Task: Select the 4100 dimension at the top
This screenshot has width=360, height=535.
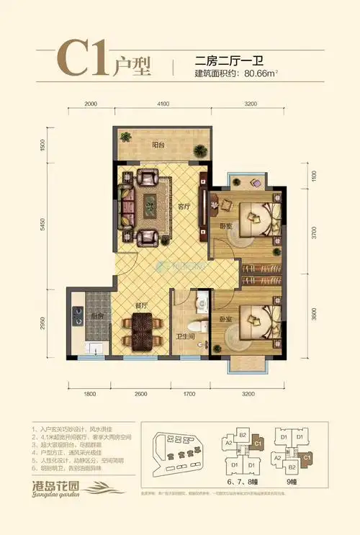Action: tap(163, 104)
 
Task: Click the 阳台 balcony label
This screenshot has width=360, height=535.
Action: tap(158, 144)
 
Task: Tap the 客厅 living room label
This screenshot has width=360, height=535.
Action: tap(184, 206)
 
